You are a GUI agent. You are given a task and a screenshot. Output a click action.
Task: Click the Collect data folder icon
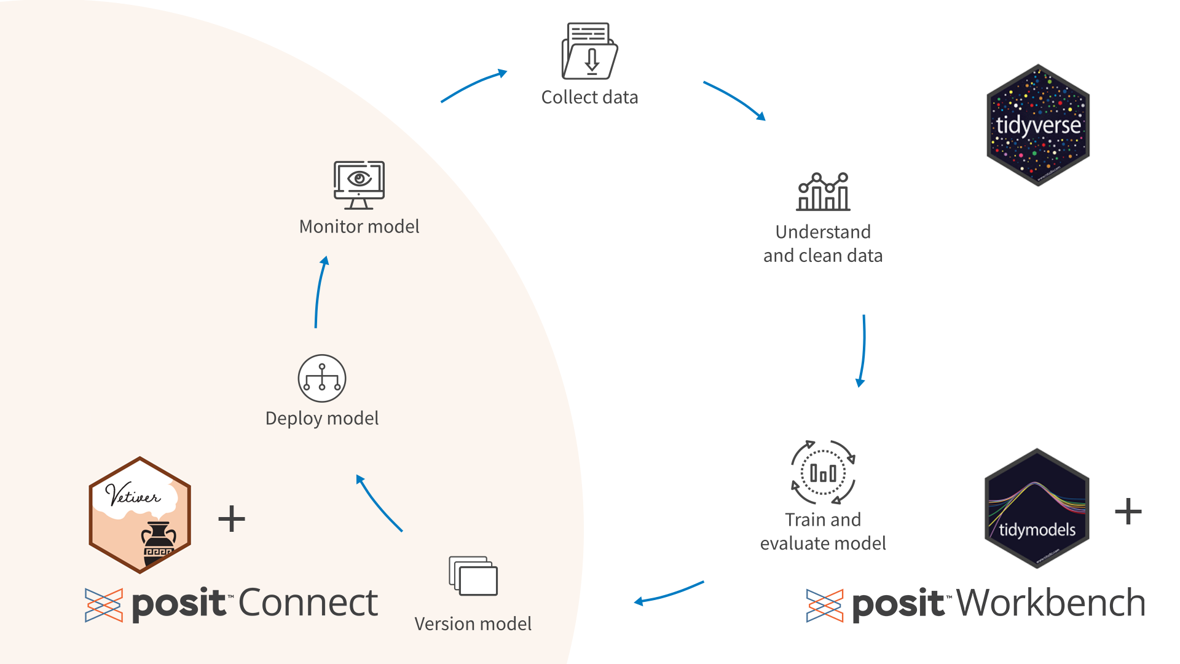[x=589, y=52]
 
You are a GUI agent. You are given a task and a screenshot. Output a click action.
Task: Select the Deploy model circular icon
[x=322, y=378]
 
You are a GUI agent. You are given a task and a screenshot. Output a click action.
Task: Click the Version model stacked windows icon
[x=473, y=576]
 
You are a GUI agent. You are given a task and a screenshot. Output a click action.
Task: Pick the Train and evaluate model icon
[x=823, y=472]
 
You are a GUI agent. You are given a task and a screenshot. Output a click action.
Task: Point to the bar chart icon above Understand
[x=823, y=192]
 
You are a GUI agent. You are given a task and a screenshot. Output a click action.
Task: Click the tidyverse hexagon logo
[x=1038, y=125]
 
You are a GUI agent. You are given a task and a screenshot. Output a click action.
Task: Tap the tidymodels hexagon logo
[x=1037, y=508]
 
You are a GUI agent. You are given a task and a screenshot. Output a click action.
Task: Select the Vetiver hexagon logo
[x=140, y=515]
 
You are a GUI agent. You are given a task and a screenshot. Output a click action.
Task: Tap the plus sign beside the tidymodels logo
[x=1128, y=512]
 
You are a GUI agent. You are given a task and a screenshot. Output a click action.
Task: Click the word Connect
[x=308, y=603]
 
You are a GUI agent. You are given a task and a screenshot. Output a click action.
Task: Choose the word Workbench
[x=1051, y=603]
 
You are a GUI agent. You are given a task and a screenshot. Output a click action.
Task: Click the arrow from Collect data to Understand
[x=734, y=99]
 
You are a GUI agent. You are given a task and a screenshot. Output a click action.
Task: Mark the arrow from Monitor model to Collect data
[x=473, y=85]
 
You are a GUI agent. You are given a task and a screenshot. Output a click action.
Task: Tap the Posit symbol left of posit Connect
[x=104, y=605]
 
